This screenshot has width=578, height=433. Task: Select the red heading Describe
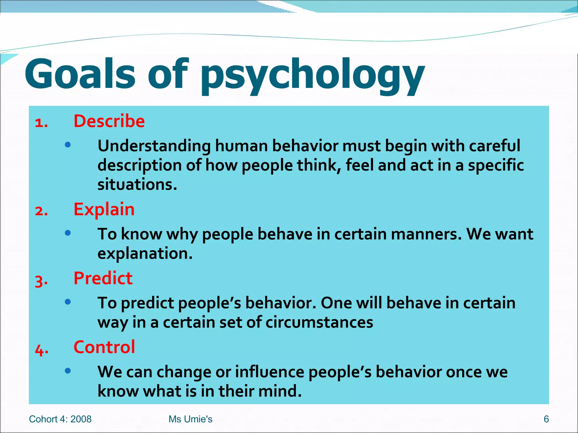click(109, 121)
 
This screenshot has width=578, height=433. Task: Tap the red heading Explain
click(104, 209)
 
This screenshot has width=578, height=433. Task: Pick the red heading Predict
click(103, 278)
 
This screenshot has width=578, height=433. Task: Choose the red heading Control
click(104, 347)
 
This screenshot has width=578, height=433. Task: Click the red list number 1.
click(41, 123)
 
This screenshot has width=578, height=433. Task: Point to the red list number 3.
click(41, 280)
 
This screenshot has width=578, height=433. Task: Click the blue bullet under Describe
click(68, 145)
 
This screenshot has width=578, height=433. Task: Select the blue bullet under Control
click(68, 371)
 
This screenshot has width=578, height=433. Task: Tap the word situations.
click(137, 185)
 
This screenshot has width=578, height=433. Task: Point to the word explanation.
click(145, 253)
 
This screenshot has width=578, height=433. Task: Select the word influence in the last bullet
click(270, 372)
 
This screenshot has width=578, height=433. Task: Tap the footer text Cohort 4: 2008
click(60, 419)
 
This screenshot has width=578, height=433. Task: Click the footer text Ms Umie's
click(191, 419)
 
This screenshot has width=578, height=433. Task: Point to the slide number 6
click(546, 419)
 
